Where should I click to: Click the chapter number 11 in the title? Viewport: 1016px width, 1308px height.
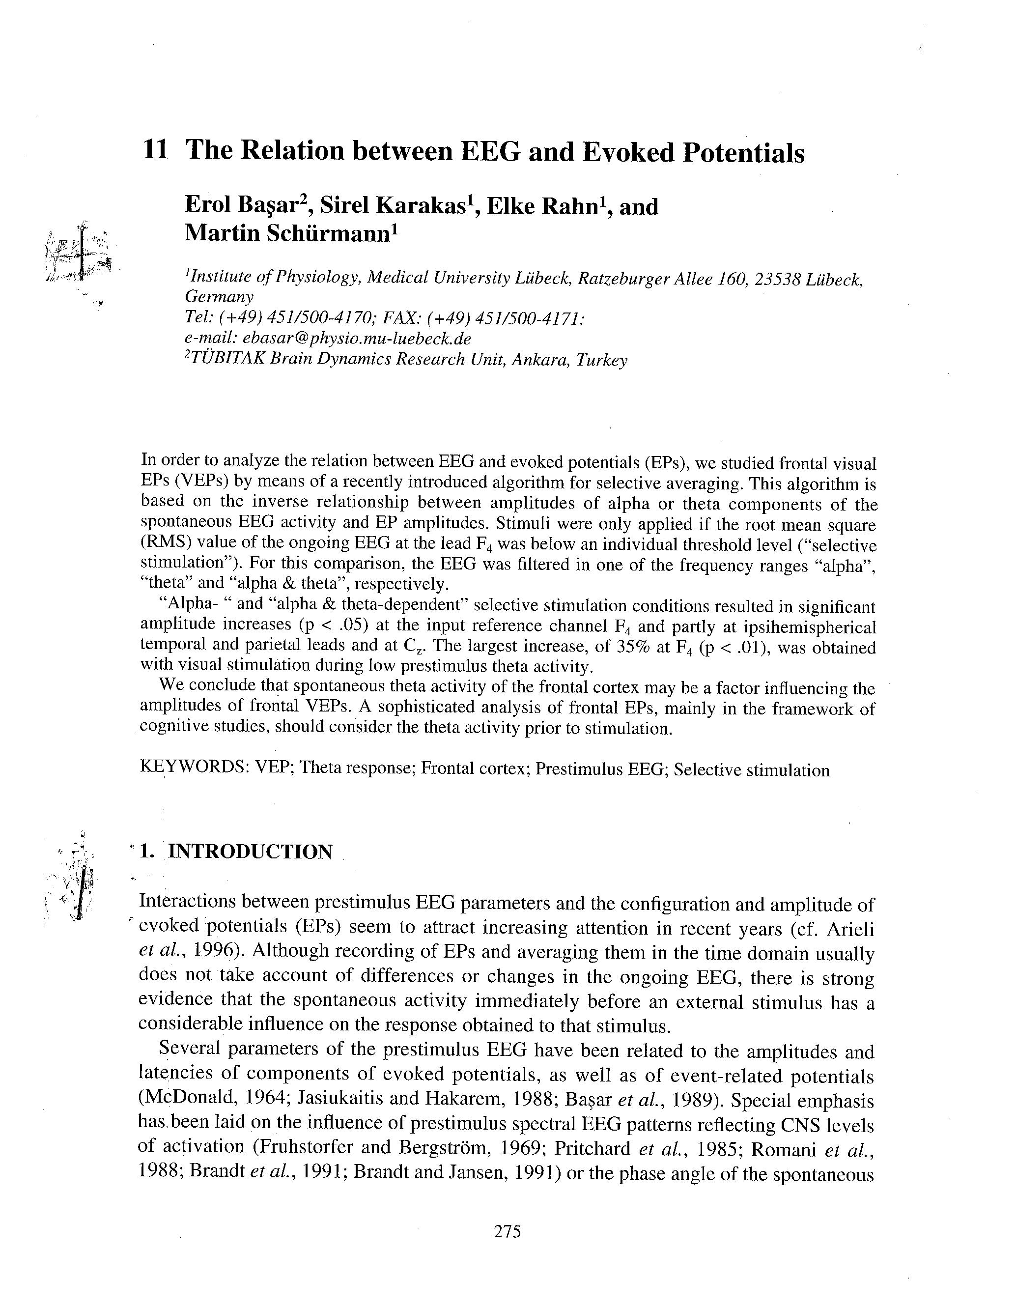155,150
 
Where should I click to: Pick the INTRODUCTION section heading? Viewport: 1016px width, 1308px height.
249,851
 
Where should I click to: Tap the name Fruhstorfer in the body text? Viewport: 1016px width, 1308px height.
304,1149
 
